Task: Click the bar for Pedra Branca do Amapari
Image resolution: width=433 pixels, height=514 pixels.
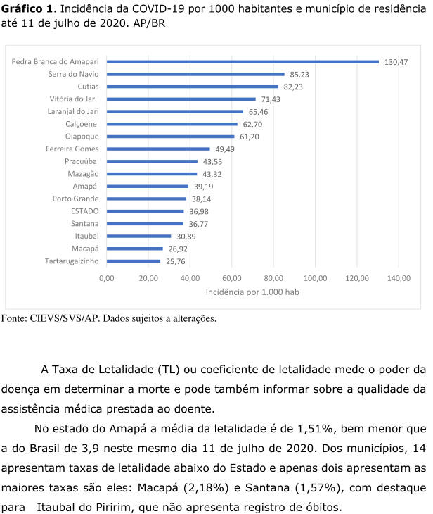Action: pos(243,62)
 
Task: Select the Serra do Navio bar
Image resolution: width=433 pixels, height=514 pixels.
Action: pos(195,74)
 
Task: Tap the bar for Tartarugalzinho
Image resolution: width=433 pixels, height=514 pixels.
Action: pos(134,261)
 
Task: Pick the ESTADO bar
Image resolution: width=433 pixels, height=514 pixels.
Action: pos(145,211)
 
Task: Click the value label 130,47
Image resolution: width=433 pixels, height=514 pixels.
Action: pos(396,62)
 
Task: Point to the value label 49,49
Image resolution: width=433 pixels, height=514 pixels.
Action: pos(225,149)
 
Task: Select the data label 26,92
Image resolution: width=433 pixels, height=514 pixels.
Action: pos(178,249)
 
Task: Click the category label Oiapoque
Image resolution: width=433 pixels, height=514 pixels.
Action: pos(82,137)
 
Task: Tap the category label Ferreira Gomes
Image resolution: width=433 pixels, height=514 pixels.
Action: pos(72,149)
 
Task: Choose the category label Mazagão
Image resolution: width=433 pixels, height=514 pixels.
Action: pos(83,174)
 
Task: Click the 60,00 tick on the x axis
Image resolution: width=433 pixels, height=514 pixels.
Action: pos(232,278)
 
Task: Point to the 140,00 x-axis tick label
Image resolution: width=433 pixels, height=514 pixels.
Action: pos(399,278)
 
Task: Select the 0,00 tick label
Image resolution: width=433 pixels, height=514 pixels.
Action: pos(107,278)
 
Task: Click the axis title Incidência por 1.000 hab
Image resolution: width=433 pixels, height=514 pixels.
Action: pos(252,292)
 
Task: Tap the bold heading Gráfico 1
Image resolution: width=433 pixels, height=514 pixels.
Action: pos(27,9)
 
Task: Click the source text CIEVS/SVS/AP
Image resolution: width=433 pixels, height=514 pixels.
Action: pos(64,318)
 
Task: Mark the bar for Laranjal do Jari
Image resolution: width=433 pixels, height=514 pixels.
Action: pos(175,111)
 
